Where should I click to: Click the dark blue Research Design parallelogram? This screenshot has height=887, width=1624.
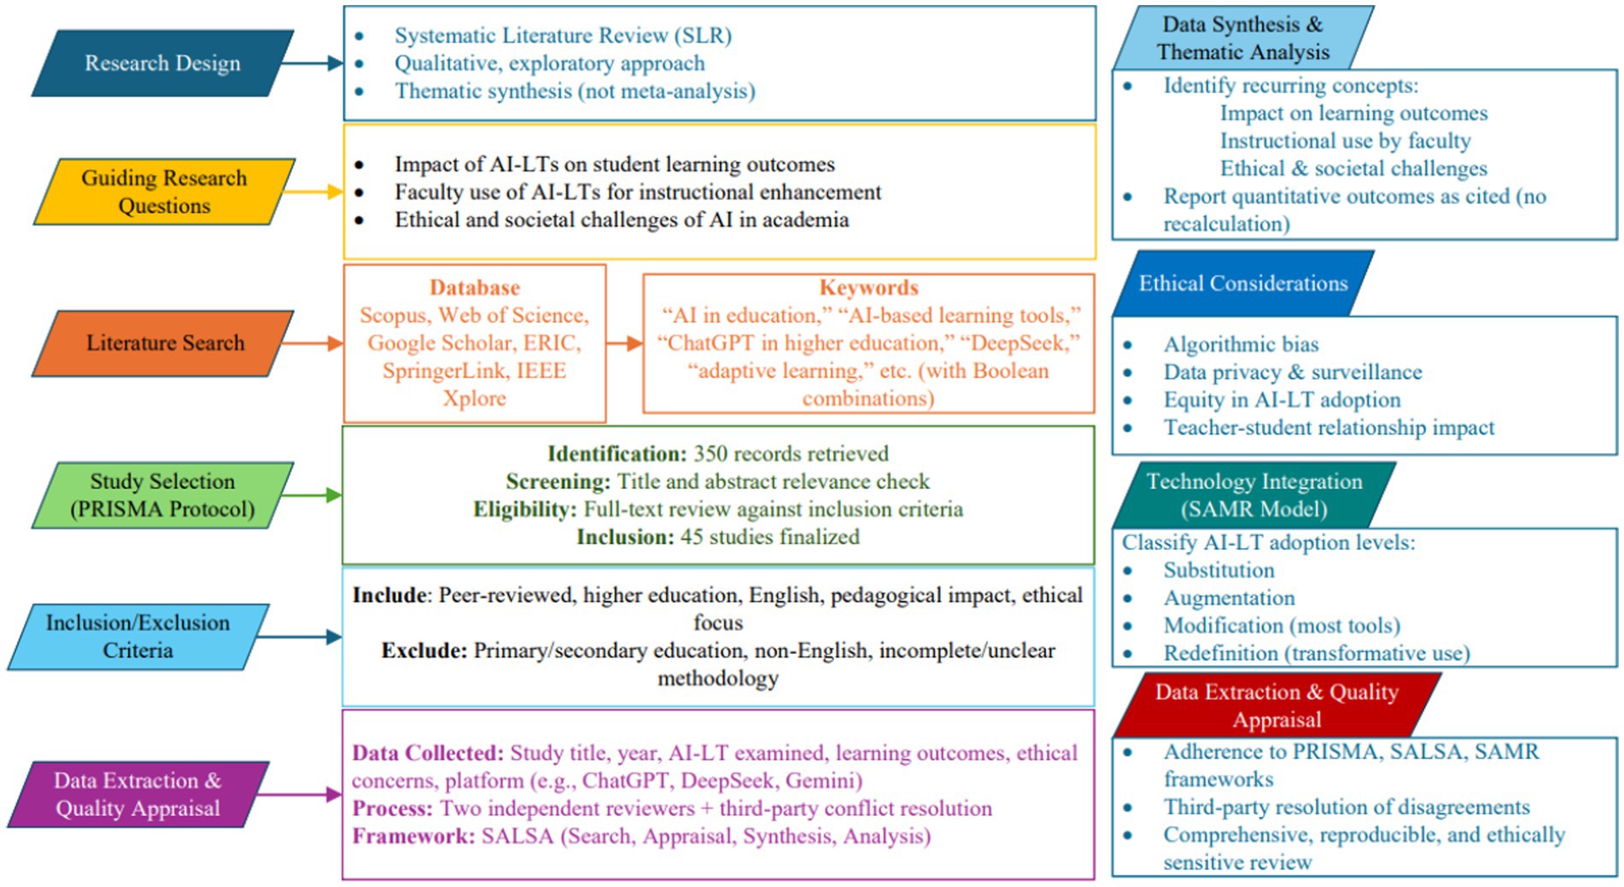162,63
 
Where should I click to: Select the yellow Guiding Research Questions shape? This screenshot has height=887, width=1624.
164,192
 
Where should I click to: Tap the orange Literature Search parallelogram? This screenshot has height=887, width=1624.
164,343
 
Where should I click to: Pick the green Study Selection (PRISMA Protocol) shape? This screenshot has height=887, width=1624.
162,495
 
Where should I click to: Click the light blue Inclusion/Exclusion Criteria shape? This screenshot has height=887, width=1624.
137,637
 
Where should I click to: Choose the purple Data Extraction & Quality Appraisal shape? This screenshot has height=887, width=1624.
137,795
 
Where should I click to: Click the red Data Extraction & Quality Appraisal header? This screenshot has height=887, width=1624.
1276,705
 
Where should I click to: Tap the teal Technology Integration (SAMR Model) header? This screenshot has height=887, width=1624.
1253,495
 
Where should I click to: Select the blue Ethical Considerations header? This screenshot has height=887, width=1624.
1242,283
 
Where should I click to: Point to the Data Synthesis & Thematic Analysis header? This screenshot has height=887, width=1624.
1242,38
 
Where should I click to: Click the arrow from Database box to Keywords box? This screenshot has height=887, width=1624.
624,343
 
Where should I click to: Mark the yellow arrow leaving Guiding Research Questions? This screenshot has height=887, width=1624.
313,192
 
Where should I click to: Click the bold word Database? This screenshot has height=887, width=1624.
474,288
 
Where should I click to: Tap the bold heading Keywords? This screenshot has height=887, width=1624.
868,288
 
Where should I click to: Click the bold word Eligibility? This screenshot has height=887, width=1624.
524,510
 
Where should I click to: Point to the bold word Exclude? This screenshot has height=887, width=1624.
424,651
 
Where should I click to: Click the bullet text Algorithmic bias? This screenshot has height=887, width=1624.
1241,344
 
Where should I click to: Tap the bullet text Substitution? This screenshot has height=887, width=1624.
1218,570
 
